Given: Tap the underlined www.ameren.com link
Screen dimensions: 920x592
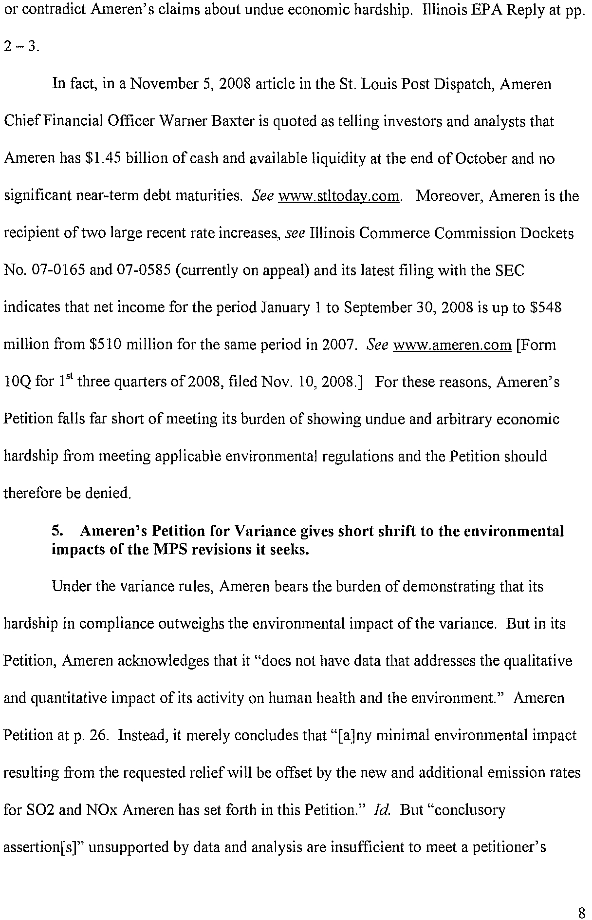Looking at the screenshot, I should [452, 345].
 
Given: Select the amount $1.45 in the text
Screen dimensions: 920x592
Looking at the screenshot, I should [103, 159].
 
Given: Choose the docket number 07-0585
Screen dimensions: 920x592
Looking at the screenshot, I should [145, 270].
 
